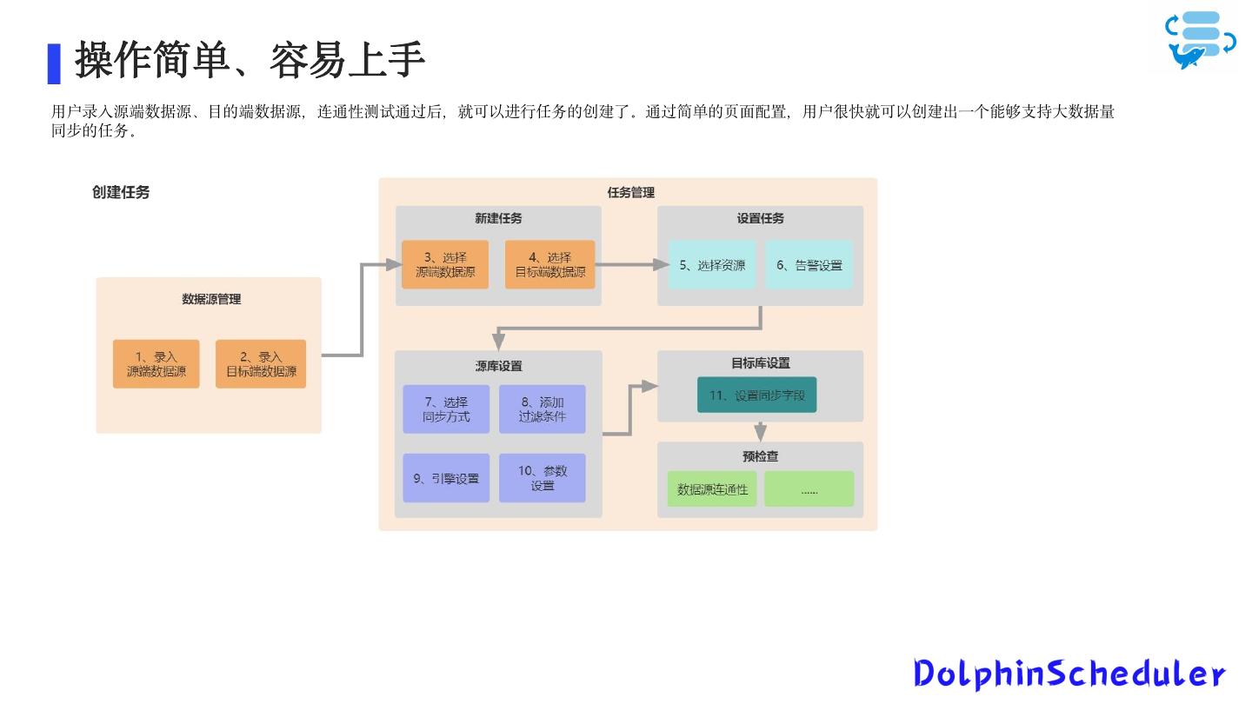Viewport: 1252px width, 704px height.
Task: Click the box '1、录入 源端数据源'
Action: [x=156, y=363]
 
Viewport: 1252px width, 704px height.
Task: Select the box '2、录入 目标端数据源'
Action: [x=261, y=363]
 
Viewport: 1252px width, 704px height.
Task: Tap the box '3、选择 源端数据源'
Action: [x=445, y=264]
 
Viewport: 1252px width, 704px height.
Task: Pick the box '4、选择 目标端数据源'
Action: [x=550, y=264]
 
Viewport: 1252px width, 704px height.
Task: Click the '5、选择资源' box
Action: [x=712, y=265]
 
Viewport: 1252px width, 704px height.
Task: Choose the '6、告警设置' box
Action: [x=809, y=265]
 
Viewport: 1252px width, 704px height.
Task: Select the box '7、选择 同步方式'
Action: [x=446, y=409]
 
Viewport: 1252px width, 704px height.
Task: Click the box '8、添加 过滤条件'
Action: [x=543, y=409]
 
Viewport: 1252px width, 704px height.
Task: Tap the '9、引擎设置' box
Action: [x=446, y=478]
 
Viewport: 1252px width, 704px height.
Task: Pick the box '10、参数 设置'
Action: [x=543, y=478]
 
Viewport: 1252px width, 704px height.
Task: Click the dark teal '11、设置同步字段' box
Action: [x=757, y=395]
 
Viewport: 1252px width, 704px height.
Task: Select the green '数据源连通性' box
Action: [x=712, y=489]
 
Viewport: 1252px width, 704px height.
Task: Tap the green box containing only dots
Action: [x=809, y=489]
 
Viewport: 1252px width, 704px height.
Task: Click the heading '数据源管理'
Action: [x=211, y=299]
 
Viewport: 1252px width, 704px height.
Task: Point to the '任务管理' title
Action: [x=630, y=192]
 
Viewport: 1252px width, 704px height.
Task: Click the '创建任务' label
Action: [x=121, y=192]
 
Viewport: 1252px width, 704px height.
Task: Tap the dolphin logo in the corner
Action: [x=1201, y=40]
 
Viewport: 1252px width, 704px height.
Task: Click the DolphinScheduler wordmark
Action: [x=1069, y=674]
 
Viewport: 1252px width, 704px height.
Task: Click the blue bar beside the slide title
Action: [x=54, y=63]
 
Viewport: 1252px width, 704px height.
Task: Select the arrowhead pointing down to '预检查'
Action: [x=761, y=432]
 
